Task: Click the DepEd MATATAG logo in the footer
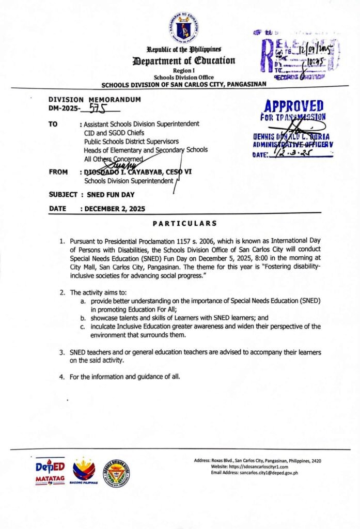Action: coord(50,471)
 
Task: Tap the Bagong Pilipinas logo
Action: coord(84,471)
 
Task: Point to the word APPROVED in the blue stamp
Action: coord(294,106)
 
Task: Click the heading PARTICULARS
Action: coord(184,223)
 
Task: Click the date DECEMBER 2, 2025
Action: coord(114,209)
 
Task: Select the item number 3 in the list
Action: coord(62,352)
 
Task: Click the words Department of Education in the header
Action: coord(183,60)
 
